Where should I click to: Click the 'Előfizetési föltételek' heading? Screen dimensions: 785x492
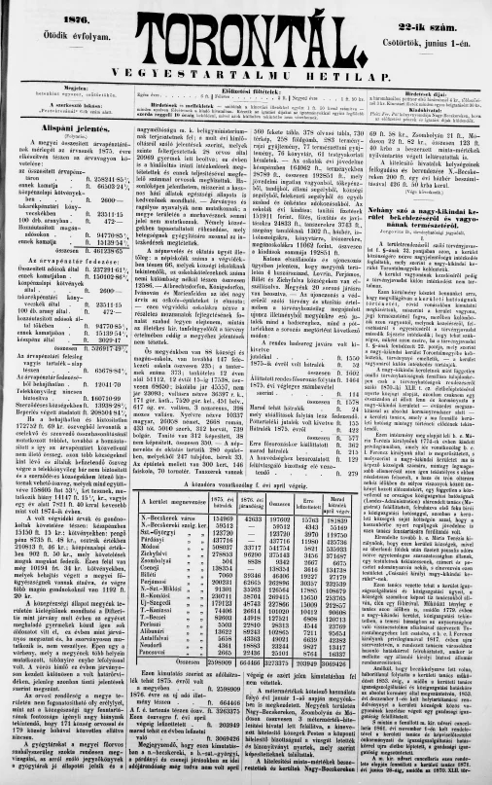(247, 99)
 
